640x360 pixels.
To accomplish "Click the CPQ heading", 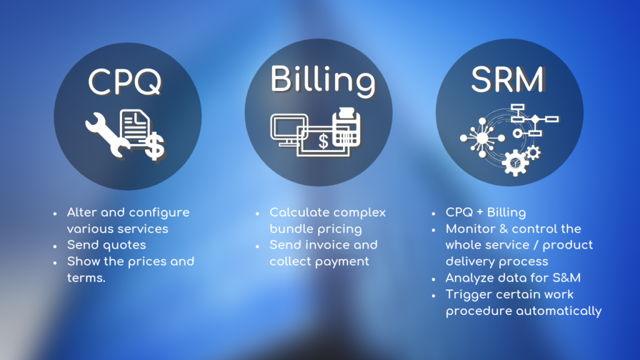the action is (125, 82).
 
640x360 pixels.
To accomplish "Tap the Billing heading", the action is (322, 81).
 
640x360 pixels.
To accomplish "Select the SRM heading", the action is (507, 79).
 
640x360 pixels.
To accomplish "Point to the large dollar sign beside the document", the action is (155, 146).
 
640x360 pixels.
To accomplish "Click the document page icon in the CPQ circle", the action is (135, 127).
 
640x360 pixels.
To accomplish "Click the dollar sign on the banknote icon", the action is (323, 142).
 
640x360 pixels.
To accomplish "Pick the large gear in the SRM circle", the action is (515, 162).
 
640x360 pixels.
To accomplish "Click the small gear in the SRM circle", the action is (533, 153).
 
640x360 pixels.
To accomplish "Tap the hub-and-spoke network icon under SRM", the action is (482, 138).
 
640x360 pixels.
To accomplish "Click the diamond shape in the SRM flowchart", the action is (535, 119).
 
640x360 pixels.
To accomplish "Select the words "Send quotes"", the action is (106, 245).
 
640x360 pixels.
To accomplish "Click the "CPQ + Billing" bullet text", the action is (486, 212).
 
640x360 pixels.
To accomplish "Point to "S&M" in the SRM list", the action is (566, 278).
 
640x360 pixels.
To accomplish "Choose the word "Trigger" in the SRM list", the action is (469, 295).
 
